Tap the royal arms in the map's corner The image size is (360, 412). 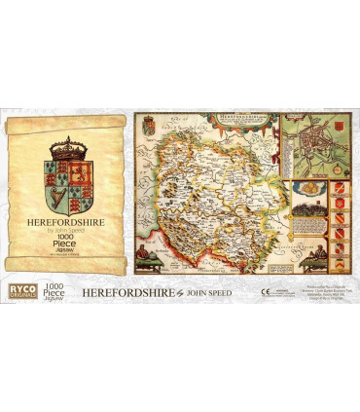pyautogui.click(x=150, y=129)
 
